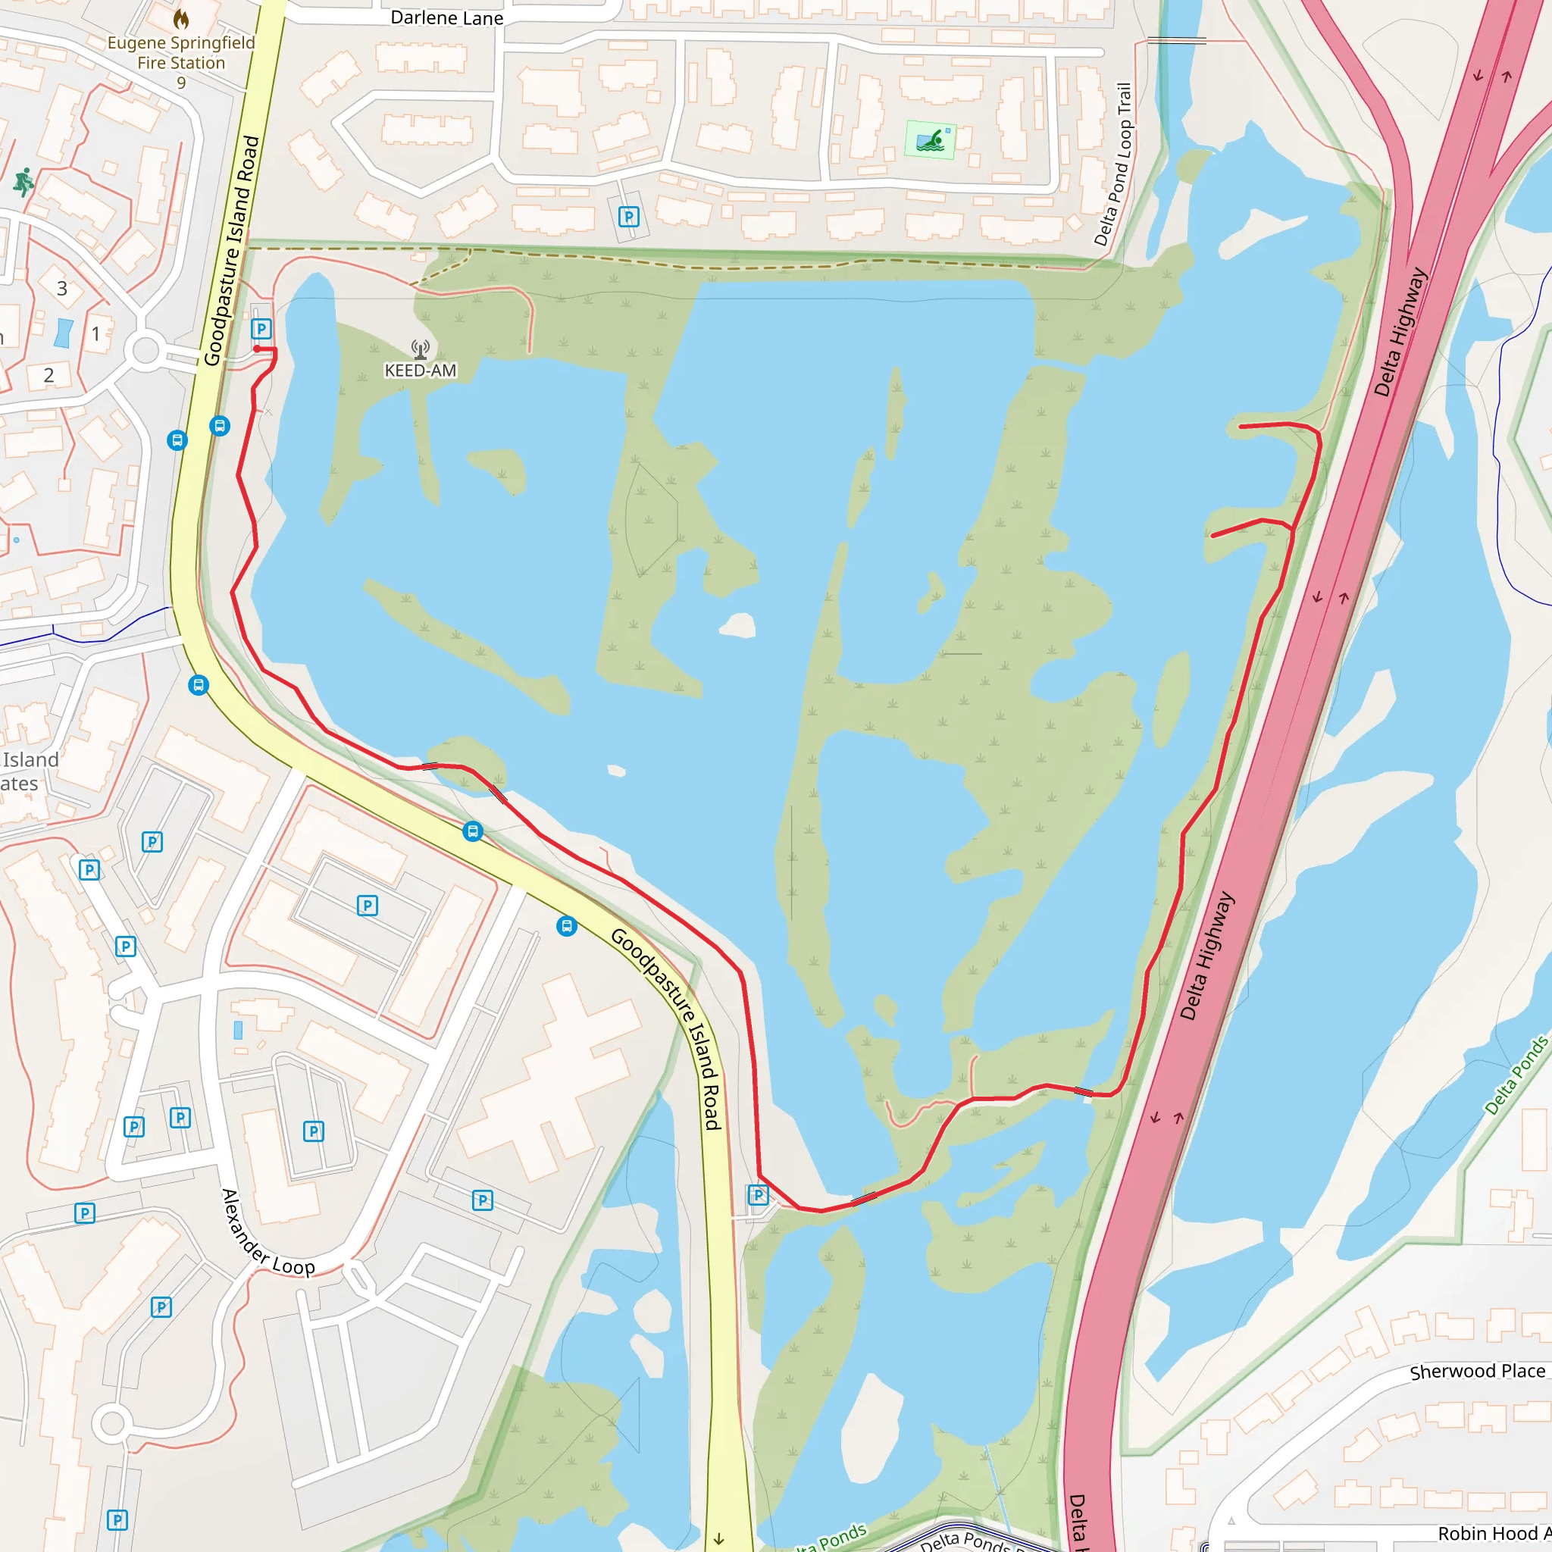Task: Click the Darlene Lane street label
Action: [x=446, y=17]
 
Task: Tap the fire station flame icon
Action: [x=182, y=18]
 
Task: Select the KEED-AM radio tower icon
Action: [x=420, y=349]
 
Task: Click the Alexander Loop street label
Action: [x=268, y=1234]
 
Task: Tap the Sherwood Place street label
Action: [x=1476, y=1371]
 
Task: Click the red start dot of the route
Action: [x=257, y=349]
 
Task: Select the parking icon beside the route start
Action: [x=261, y=329]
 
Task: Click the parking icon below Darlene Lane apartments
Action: [x=628, y=216]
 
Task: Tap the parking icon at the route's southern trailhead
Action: [x=758, y=1194]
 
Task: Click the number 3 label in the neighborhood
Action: [x=62, y=289]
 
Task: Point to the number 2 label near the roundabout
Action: [x=49, y=375]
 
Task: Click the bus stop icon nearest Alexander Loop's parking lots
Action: [x=566, y=926]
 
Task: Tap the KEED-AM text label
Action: [x=420, y=371]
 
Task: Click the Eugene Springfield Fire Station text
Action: [x=182, y=53]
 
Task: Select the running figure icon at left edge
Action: [x=23, y=182]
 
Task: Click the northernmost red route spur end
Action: [x=1242, y=427]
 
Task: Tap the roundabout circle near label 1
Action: [x=145, y=351]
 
